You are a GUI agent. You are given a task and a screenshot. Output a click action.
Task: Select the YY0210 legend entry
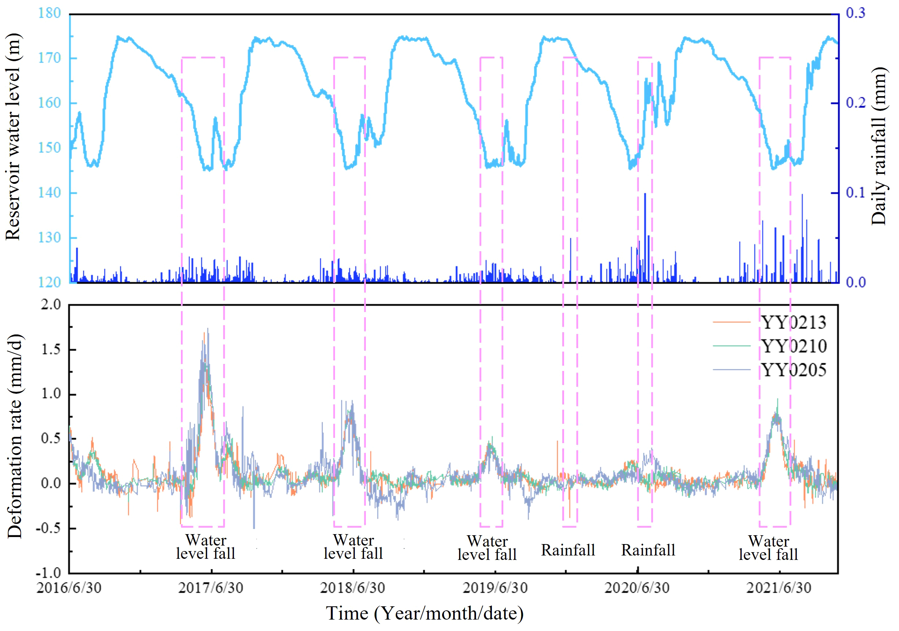click(x=793, y=346)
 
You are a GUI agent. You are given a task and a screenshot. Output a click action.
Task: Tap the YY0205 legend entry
click(x=793, y=370)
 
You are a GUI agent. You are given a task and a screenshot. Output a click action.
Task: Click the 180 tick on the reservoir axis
click(x=49, y=13)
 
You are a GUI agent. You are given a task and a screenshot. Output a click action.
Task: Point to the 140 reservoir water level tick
click(x=49, y=193)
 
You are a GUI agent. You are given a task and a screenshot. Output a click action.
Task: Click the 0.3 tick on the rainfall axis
click(x=856, y=13)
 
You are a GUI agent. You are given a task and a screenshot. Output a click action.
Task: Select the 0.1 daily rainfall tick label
click(x=856, y=193)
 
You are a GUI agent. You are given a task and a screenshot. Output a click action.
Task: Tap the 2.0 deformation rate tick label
click(x=51, y=305)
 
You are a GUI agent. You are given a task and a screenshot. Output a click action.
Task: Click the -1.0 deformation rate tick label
click(x=49, y=574)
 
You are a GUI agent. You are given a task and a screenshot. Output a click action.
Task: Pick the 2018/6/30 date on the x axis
click(x=352, y=588)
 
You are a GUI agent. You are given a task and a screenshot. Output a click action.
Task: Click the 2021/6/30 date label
click(x=779, y=588)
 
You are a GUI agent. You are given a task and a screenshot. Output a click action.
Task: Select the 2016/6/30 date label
click(x=69, y=588)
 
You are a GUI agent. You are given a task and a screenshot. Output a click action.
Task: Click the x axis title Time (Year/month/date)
click(x=425, y=613)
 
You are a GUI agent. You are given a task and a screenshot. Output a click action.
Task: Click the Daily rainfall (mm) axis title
click(x=879, y=146)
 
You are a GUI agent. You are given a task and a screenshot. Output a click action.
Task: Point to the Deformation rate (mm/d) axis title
click(x=15, y=437)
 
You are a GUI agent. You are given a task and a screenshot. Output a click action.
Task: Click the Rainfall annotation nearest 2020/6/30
click(x=648, y=550)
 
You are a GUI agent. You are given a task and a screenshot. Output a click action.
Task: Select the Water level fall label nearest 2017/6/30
click(x=206, y=547)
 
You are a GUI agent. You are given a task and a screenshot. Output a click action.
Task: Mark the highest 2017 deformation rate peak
click(x=207, y=330)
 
